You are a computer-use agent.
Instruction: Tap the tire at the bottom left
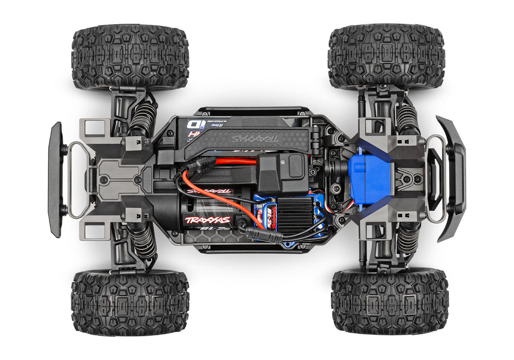pyautogui.click(x=130, y=303)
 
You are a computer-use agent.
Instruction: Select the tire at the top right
pyautogui.click(x=385, y=57)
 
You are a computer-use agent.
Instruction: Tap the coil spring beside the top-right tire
pyautogui.click(x=406, y=117)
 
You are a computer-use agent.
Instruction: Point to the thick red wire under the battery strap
pyautogui.click(x=236, y=161)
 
